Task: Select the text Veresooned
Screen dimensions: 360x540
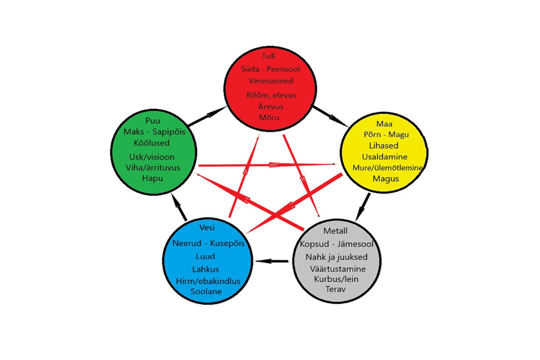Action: [271, 81]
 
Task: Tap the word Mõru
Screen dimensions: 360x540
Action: [269, 117]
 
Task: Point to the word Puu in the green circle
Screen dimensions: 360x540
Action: [152, 121]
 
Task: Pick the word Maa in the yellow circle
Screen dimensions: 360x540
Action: [384, 123]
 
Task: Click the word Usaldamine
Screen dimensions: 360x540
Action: [384, 157]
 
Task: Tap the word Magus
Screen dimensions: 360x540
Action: [384, 179]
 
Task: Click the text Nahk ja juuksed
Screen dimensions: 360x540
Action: [335, 257]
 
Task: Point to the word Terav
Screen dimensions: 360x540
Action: [336, 289]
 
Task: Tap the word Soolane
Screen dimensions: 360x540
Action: [207, 291]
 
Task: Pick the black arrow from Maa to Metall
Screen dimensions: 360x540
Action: [363, 206]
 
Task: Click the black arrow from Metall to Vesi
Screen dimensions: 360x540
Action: [272, 261]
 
